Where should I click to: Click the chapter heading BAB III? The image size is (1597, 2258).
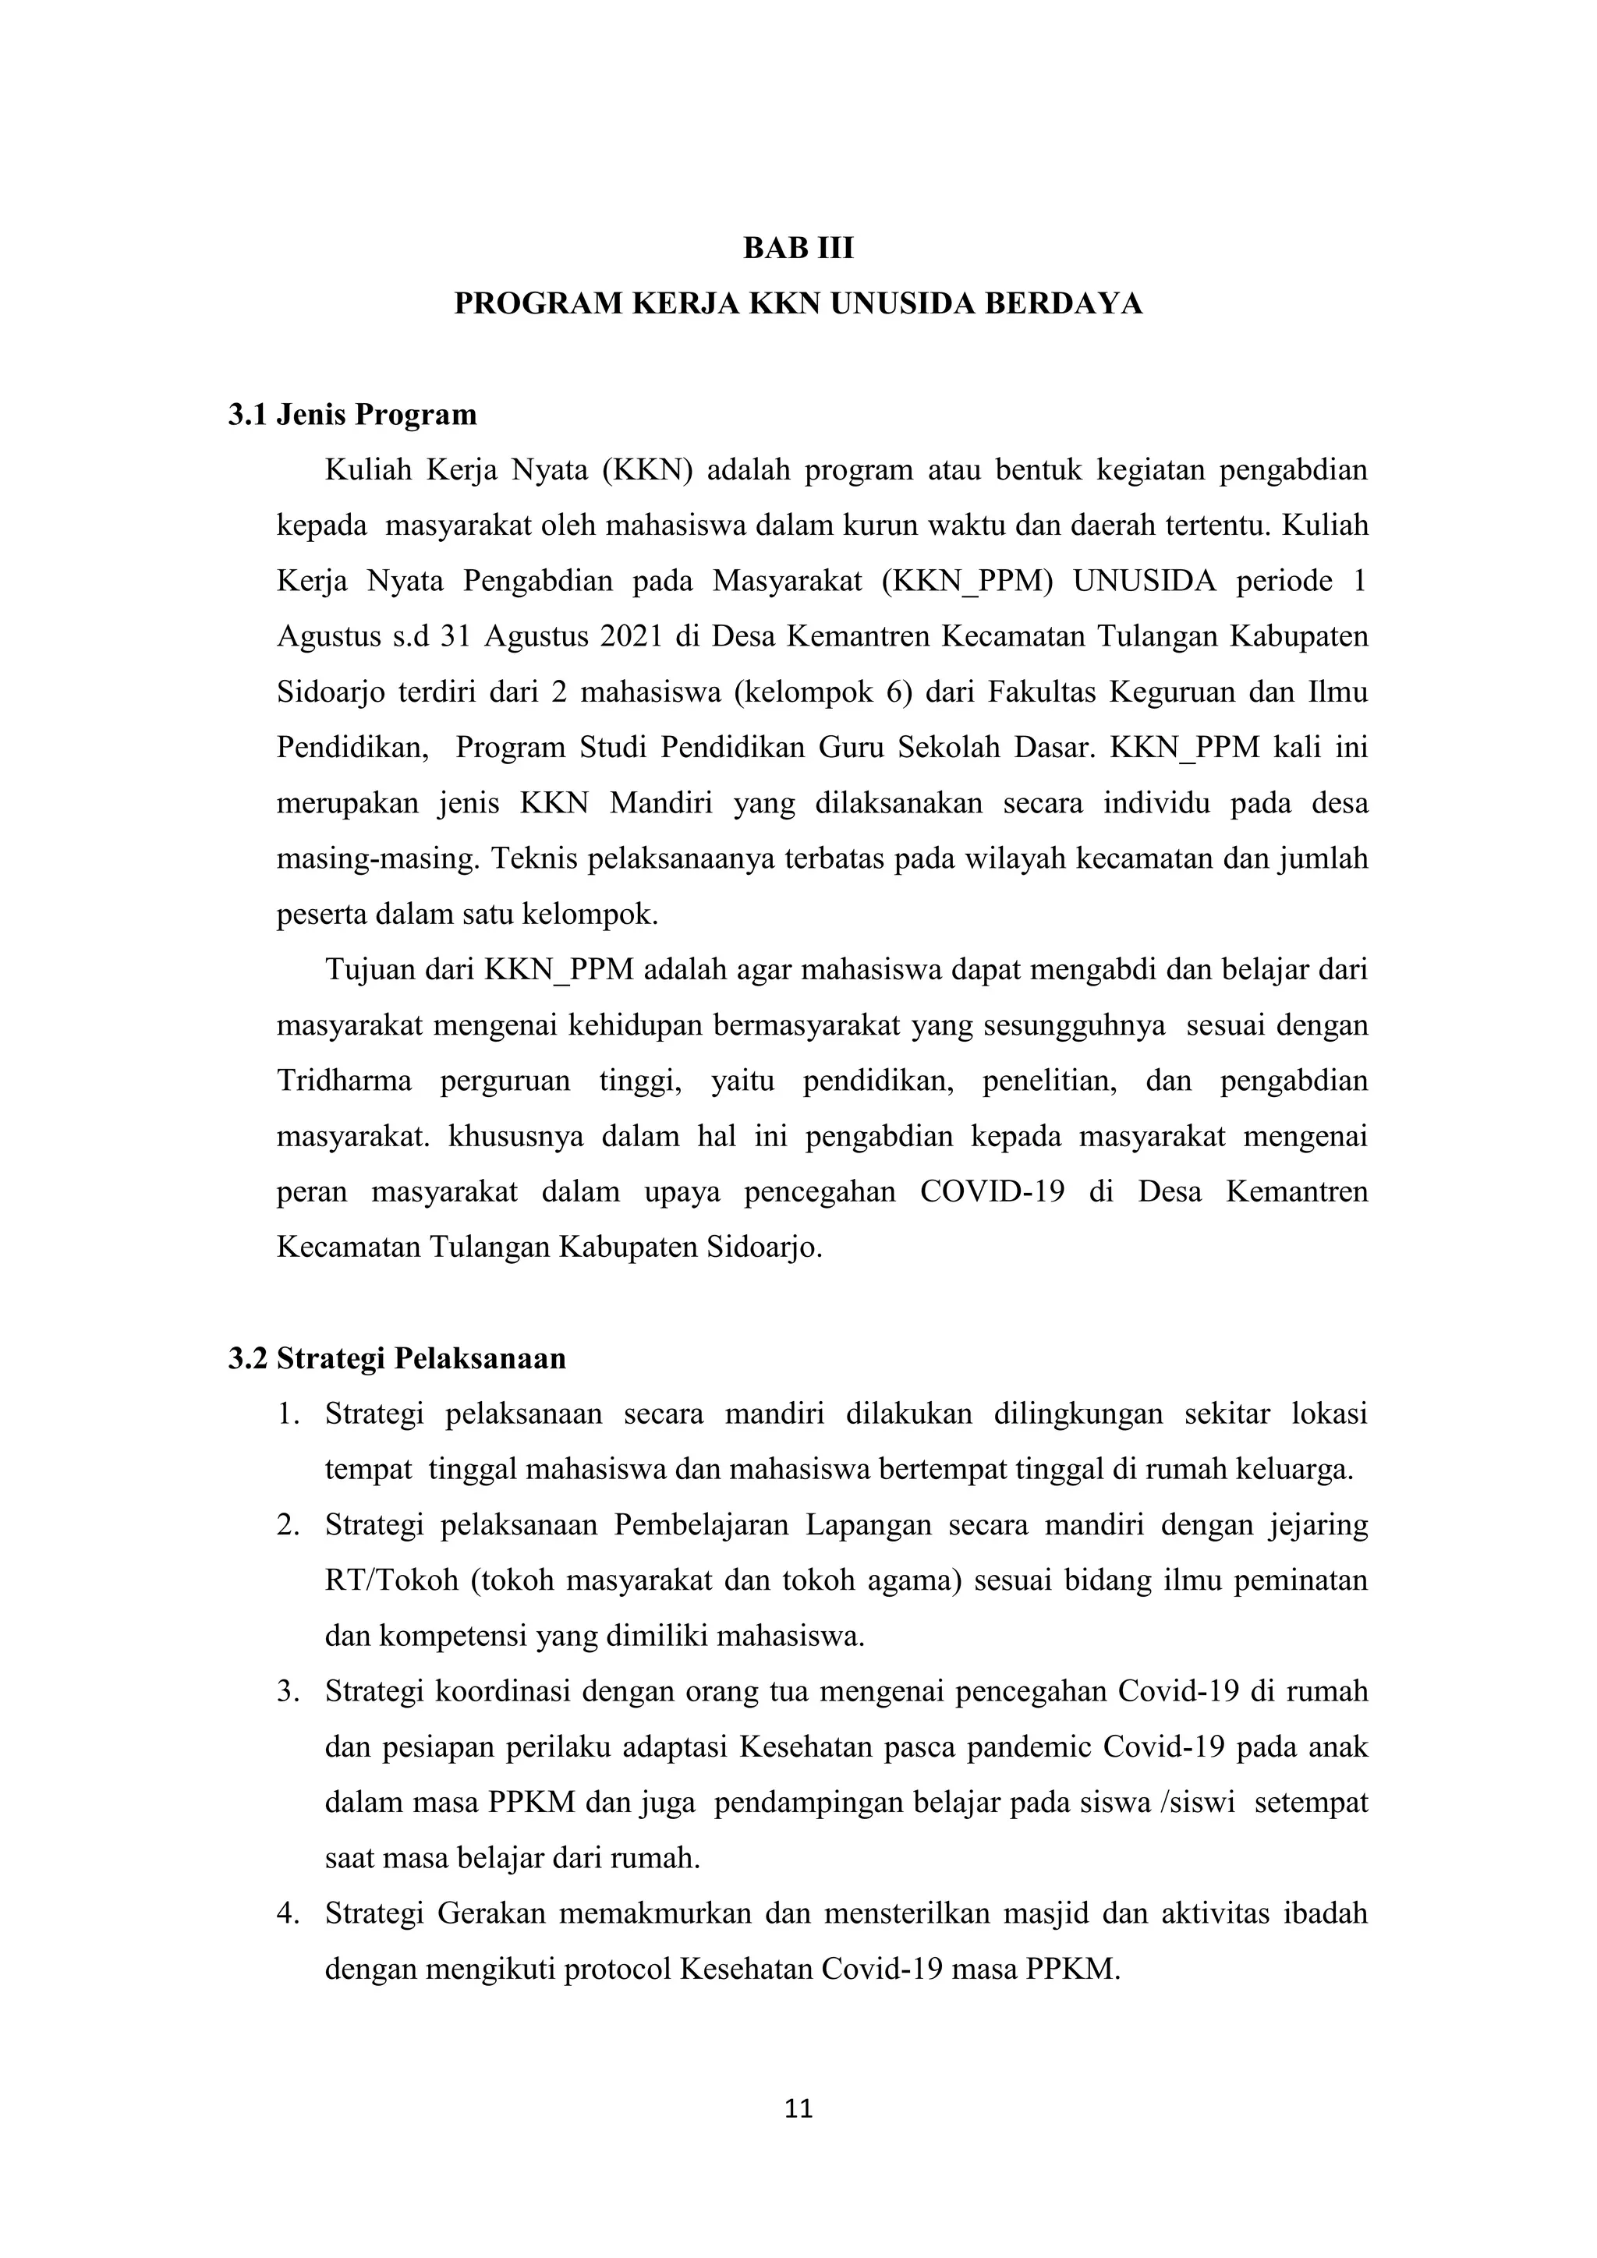click(x=798, y=249)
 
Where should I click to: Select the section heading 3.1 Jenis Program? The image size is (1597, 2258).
click(x=352, y=415)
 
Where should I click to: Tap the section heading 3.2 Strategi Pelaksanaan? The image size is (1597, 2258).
click(x=396, y=1359)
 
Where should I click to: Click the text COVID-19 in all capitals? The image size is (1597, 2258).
click(x=992, y=1192)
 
